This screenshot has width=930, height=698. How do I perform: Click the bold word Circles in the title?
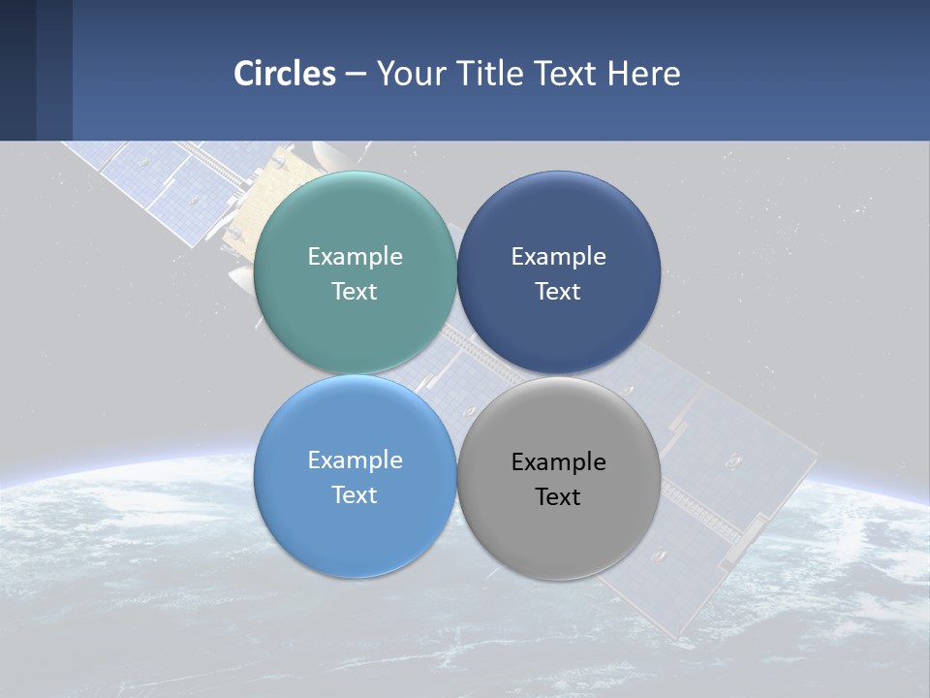(285, 74)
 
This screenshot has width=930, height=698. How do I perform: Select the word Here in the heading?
(643, 74)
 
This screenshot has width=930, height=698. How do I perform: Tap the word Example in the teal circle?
(355, 257)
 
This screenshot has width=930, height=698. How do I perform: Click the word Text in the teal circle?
(355, 292)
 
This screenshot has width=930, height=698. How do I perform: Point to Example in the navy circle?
(559, 257)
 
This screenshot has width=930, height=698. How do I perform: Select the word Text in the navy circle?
(559, 292)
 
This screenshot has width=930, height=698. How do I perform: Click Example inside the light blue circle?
(355, 460)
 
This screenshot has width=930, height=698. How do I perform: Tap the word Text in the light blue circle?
(355, 495)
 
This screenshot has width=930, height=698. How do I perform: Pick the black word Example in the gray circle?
(559, 462)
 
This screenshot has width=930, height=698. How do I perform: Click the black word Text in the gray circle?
(559, 497)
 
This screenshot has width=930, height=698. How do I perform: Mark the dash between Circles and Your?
(355, 75)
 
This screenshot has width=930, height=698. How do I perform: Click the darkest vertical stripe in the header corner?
(17, 70)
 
